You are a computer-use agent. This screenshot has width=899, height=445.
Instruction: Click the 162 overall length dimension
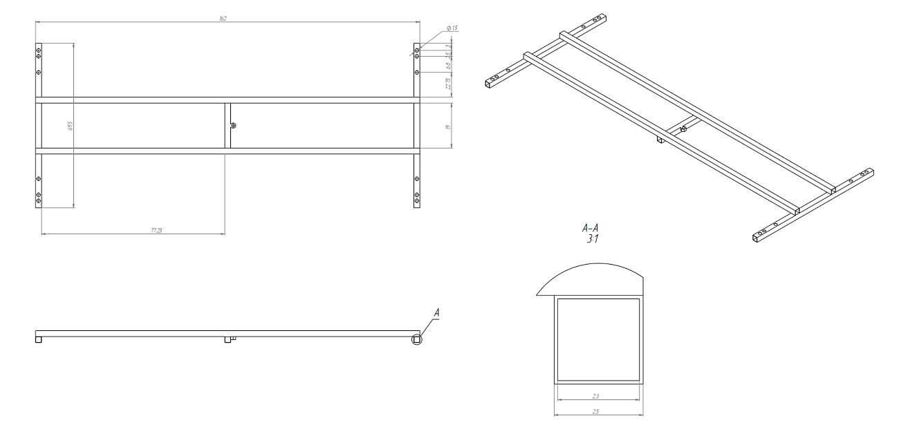(x=223, y=18)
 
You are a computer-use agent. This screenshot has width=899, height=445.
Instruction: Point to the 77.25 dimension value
(x=156, y=230)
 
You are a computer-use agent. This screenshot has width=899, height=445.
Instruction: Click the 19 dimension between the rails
(x=448, y=126)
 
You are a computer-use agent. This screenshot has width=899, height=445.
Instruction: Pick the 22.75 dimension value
(x=448, y=83)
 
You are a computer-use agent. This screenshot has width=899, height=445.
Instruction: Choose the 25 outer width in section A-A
(x=595, y=411)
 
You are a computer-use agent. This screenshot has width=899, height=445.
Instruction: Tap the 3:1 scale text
(x=591, y=239)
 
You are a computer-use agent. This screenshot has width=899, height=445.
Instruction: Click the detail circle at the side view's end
(x=416, y=339)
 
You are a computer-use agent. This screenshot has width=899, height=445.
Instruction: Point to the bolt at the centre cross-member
(x=233, y=126)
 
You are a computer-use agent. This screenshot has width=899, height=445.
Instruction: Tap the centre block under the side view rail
(x=228, y=339)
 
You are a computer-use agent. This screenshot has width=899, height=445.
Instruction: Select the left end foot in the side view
(x=39, y=339)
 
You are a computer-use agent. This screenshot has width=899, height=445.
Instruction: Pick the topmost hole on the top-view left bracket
(x=39, y=50)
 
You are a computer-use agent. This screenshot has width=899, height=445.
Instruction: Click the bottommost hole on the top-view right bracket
(x=416, y=200)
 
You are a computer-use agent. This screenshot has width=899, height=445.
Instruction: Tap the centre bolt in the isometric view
(x=683, y=129)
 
